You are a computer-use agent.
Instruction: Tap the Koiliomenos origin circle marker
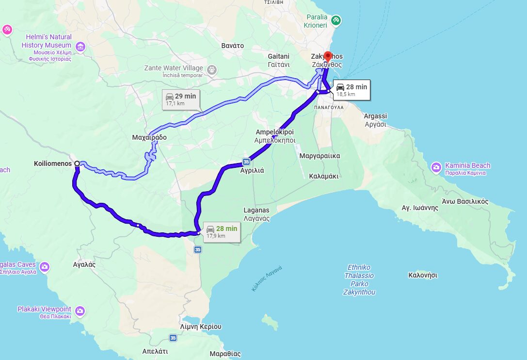click(x=77, y=164)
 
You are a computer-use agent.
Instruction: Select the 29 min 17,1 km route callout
click(x=181, y=99)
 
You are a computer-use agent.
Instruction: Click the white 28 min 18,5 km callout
click(x=352, y=90)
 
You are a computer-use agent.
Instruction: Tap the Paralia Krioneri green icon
click(x=336, y=20)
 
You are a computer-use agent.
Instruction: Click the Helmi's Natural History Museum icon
click(x=80, y=47)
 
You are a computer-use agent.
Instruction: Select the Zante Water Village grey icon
click(x=212, y=69)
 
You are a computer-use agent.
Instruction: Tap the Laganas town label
click(x=256, y=214)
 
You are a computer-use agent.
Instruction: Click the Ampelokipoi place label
click(x=275, y=135)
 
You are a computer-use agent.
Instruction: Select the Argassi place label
click(x=375, y=120)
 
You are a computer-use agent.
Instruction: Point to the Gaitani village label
click(x=279, y=60)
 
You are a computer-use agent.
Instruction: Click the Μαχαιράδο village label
click(x=149, y=137)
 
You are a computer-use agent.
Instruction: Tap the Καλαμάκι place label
click(x=323, y=176)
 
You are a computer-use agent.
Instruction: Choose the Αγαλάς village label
click(x=84, y=265)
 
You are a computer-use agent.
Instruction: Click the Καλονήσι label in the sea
click(x=423, y=275)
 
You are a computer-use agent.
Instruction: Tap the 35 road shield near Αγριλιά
click(x=246, y=162)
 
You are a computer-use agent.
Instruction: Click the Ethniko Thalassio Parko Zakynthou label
click(x=359, y=279)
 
